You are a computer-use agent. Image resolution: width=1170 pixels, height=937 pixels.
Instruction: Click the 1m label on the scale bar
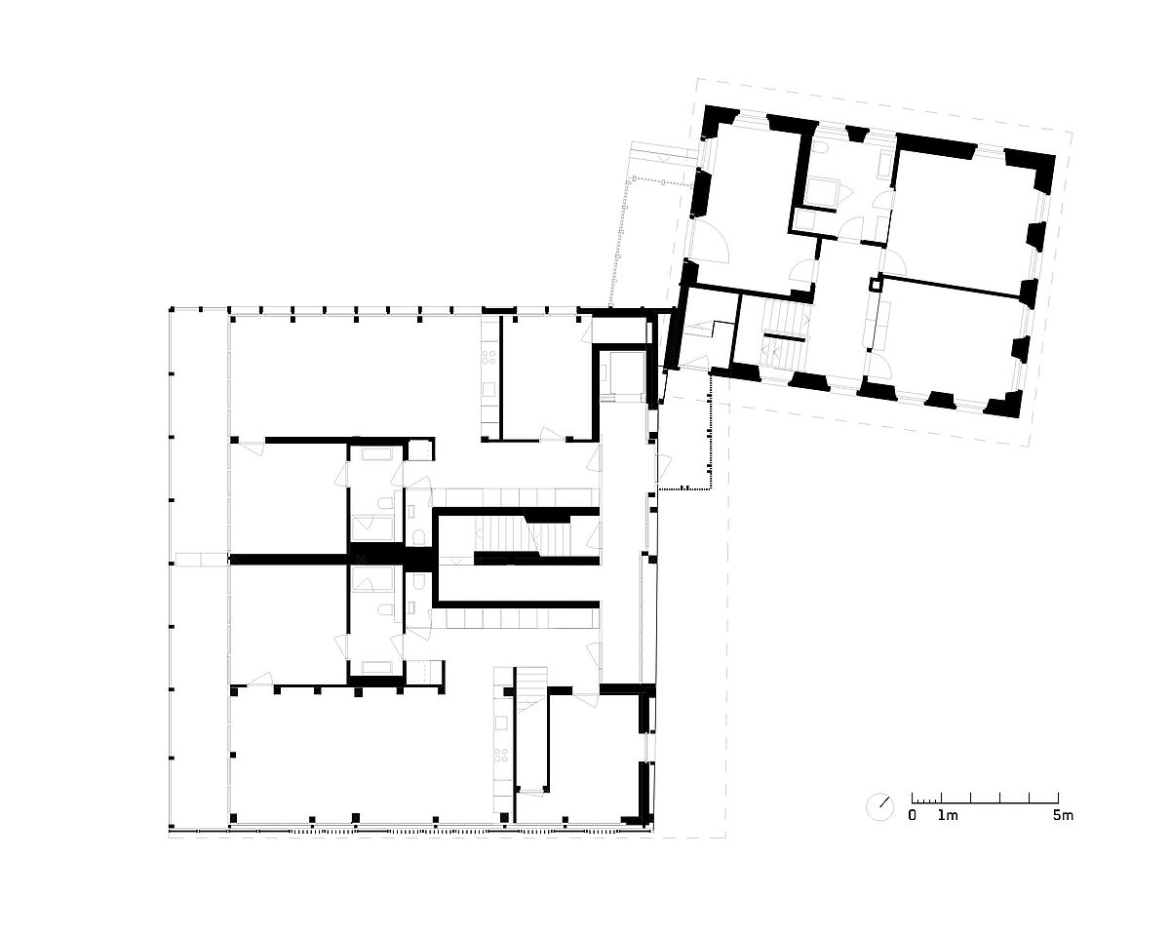[948, 816]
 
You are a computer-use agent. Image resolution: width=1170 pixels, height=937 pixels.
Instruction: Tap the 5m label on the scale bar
[1063, 816]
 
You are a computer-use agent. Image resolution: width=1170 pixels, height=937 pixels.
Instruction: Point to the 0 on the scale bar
[913, 816]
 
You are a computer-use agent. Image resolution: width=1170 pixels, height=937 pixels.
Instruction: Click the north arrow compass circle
[879, 807]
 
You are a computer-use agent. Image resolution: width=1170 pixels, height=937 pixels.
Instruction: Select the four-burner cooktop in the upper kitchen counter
[488, 357]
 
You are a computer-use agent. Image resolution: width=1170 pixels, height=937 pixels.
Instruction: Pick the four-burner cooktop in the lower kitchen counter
[501, 756]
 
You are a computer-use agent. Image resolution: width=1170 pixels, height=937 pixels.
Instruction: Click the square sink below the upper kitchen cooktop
[488, 389]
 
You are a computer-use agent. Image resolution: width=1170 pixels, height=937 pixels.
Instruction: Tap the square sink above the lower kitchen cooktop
[501, 722]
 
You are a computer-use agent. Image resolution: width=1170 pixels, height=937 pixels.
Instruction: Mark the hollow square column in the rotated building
[875, 284]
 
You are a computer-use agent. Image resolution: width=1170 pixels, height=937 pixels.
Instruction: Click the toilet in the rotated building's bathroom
[820, 147]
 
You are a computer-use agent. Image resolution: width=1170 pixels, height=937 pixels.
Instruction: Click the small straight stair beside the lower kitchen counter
[531, 689]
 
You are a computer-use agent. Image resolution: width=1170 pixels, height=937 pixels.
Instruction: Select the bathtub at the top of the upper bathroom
[376, 453]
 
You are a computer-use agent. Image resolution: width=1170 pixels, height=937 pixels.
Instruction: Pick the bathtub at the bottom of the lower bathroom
[376, 667]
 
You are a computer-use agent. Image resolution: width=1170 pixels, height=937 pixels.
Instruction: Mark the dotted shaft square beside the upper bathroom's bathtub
[420, 450]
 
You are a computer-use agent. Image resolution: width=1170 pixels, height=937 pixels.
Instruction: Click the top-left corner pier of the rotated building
[719, 121]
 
